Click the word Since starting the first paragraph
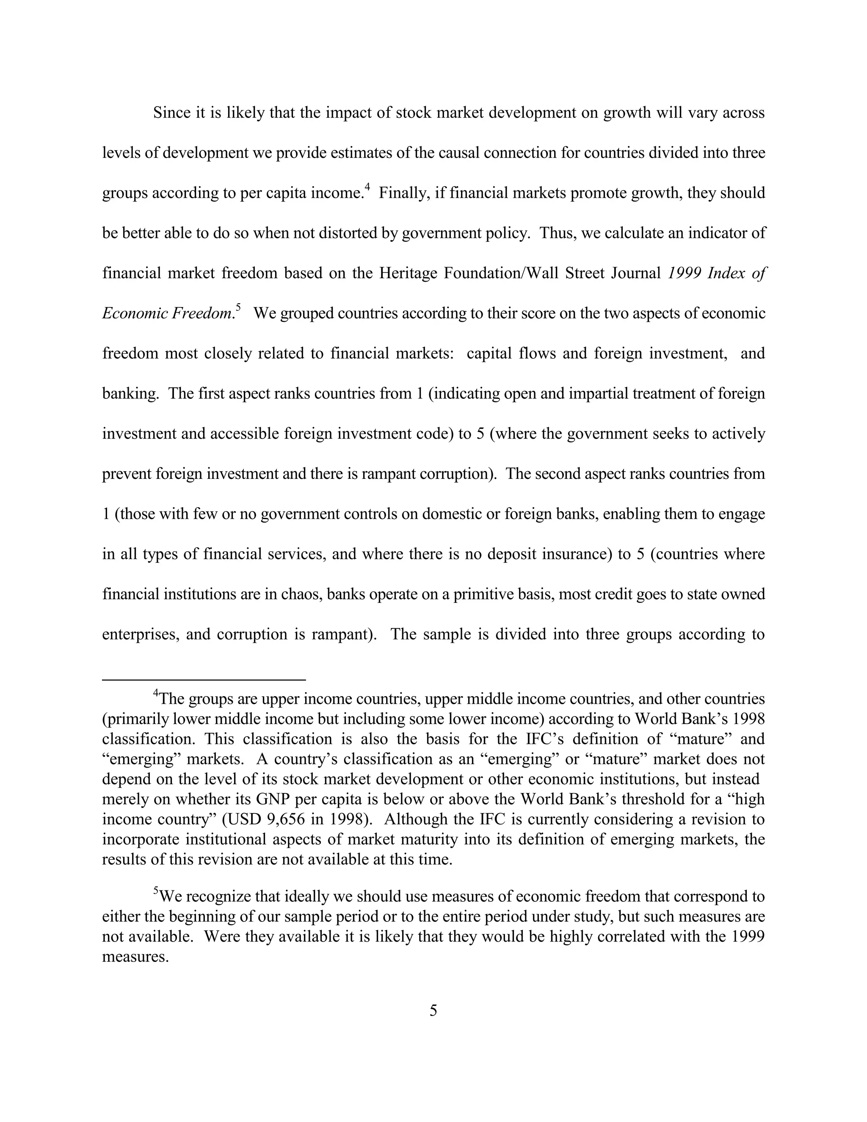[x=172, y=113]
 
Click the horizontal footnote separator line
[x=204, y=680]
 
